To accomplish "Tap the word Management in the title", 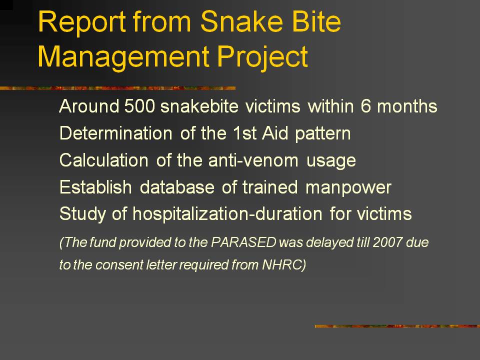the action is click(x=123, y=56).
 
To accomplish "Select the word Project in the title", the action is click(x=262, y=57).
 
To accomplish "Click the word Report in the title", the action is click(x=81, y=22).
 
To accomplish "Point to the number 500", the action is click(x=139, y=106).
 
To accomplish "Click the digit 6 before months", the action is click(x=365, y=106).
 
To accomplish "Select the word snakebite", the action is click(x=199, y=106).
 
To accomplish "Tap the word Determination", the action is click(x=115, y=133).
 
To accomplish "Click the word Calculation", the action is click(x=104, y=160).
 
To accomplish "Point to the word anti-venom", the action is click(x=253, y=160).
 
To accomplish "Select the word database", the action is click(x=177, y=187).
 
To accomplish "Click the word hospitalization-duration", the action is click(x=227, y=213).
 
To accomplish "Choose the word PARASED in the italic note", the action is click(x=243, y=242).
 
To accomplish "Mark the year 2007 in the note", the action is click(x=387, y=242).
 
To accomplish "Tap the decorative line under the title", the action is click(x=118, y=88).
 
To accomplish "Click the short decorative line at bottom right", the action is click(x=397, y=326).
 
